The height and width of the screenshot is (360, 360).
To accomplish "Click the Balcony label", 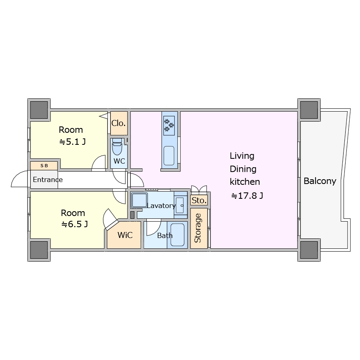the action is [x=320, y=181].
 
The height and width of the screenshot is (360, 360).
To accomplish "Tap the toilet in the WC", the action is [x=117, y=146].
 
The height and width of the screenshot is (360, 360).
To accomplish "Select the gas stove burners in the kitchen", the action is [x=169, y=125].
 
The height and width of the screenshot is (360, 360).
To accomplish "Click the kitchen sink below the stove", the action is [x=169, y=156].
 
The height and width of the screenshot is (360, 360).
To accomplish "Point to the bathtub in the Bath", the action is [x=177, y=235].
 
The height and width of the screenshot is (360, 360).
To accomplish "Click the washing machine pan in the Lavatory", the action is [x=139, y=200].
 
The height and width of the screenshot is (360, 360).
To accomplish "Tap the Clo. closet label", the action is [x=118, y=123].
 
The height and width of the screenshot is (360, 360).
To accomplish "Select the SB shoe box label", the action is [x=44, y=166].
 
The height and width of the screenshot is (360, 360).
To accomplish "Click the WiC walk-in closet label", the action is [x=125, y=235].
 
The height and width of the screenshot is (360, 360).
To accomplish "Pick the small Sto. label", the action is [x=199, y=200].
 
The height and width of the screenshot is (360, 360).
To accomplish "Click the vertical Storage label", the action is [x=198, y=228].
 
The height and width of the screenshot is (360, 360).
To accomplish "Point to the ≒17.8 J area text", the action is [x=247, y=196].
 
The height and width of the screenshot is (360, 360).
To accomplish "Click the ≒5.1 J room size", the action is [x=72, y=142].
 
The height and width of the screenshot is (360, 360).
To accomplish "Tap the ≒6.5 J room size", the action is [x=74, y=224].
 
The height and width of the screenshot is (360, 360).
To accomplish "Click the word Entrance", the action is [x=48, y=180].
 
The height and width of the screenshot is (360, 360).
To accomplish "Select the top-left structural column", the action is [x=39, y=110].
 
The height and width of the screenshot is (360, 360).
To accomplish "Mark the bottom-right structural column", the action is [x=309, y=250].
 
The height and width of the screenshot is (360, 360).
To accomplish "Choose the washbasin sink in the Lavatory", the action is [x=180, y=205].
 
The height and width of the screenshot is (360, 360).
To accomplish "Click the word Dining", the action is [x=243, y=169].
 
